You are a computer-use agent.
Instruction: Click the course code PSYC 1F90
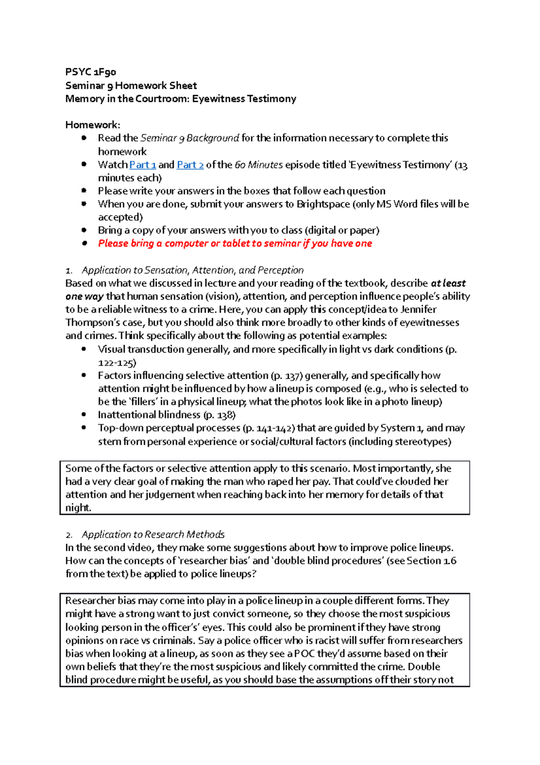tap(90, 72)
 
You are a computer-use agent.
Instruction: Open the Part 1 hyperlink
tap(142, 165)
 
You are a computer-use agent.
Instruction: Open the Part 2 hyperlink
tap(190, 165)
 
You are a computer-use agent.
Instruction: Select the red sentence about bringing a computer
tap(235, 244)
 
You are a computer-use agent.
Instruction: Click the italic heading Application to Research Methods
tap(153, 535)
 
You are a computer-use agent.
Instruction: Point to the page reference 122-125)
tap(117, 363)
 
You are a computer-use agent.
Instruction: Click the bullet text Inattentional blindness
tap(149, 415)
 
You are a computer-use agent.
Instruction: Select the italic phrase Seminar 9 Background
tap(189, 138)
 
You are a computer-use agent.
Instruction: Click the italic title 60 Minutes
tap(258, 165)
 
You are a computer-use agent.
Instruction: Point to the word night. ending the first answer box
tap(78, 508)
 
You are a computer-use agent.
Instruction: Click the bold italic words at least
tap(448, 283)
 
